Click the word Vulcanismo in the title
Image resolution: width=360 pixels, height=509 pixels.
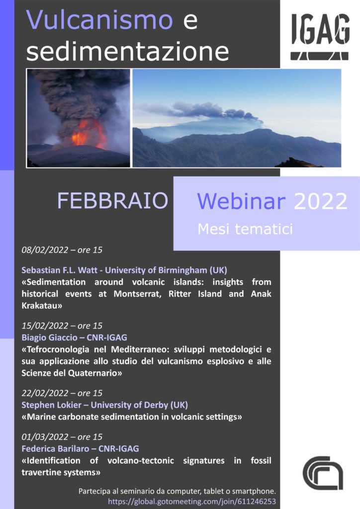point(99,20)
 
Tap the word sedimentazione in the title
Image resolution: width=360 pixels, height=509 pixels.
point(128,51)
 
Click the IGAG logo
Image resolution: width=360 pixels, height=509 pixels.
point(320,37)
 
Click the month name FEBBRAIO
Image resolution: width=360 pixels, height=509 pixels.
point(113,201)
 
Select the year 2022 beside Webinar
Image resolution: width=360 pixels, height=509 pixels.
point(320,201)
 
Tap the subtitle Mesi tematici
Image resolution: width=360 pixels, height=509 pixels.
point(245,229)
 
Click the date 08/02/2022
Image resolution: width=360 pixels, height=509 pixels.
point(45,250)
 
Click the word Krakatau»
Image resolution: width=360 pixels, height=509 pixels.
point(42,306)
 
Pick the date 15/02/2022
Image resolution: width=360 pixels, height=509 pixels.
point(45,326)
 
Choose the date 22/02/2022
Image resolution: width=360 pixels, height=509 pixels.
point(45,393)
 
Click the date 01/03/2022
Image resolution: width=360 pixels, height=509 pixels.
point(45,437)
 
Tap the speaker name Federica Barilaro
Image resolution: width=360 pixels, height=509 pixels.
point(55,449)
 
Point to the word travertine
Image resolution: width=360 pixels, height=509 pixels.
point(39,472)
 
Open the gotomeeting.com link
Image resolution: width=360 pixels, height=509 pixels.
point(192,501)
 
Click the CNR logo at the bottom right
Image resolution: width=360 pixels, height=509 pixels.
point(323,473)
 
